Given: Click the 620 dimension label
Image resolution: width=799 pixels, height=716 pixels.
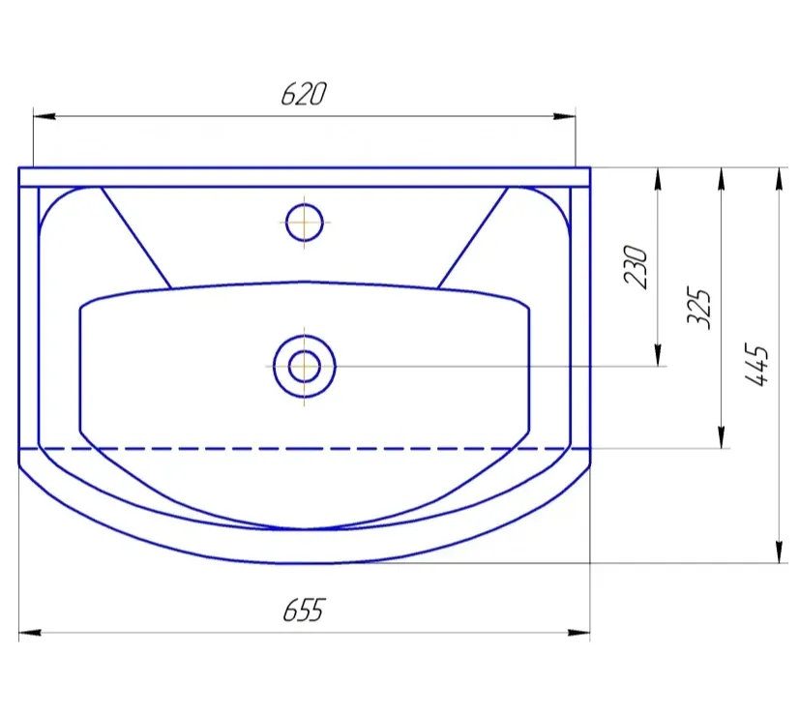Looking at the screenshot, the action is (x=304, y=94).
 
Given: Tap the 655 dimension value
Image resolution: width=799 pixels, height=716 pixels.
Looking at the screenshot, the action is (x=304, y=610).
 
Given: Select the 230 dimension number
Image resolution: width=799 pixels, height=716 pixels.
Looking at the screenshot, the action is (x=636, y=267).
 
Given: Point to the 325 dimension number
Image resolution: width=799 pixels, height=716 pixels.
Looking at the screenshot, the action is (x=699, y=308).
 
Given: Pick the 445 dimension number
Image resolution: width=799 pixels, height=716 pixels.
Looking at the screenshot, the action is (x=756, y=365).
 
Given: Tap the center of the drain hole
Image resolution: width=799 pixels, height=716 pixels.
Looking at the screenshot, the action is (x=304, y=367).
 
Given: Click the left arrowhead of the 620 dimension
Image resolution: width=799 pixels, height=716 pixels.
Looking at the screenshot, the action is (x=44, y=116).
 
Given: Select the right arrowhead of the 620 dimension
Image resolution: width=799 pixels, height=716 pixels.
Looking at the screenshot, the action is (x=565, y=116).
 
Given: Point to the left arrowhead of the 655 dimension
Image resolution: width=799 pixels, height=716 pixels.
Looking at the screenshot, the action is (x=30, y=633).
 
